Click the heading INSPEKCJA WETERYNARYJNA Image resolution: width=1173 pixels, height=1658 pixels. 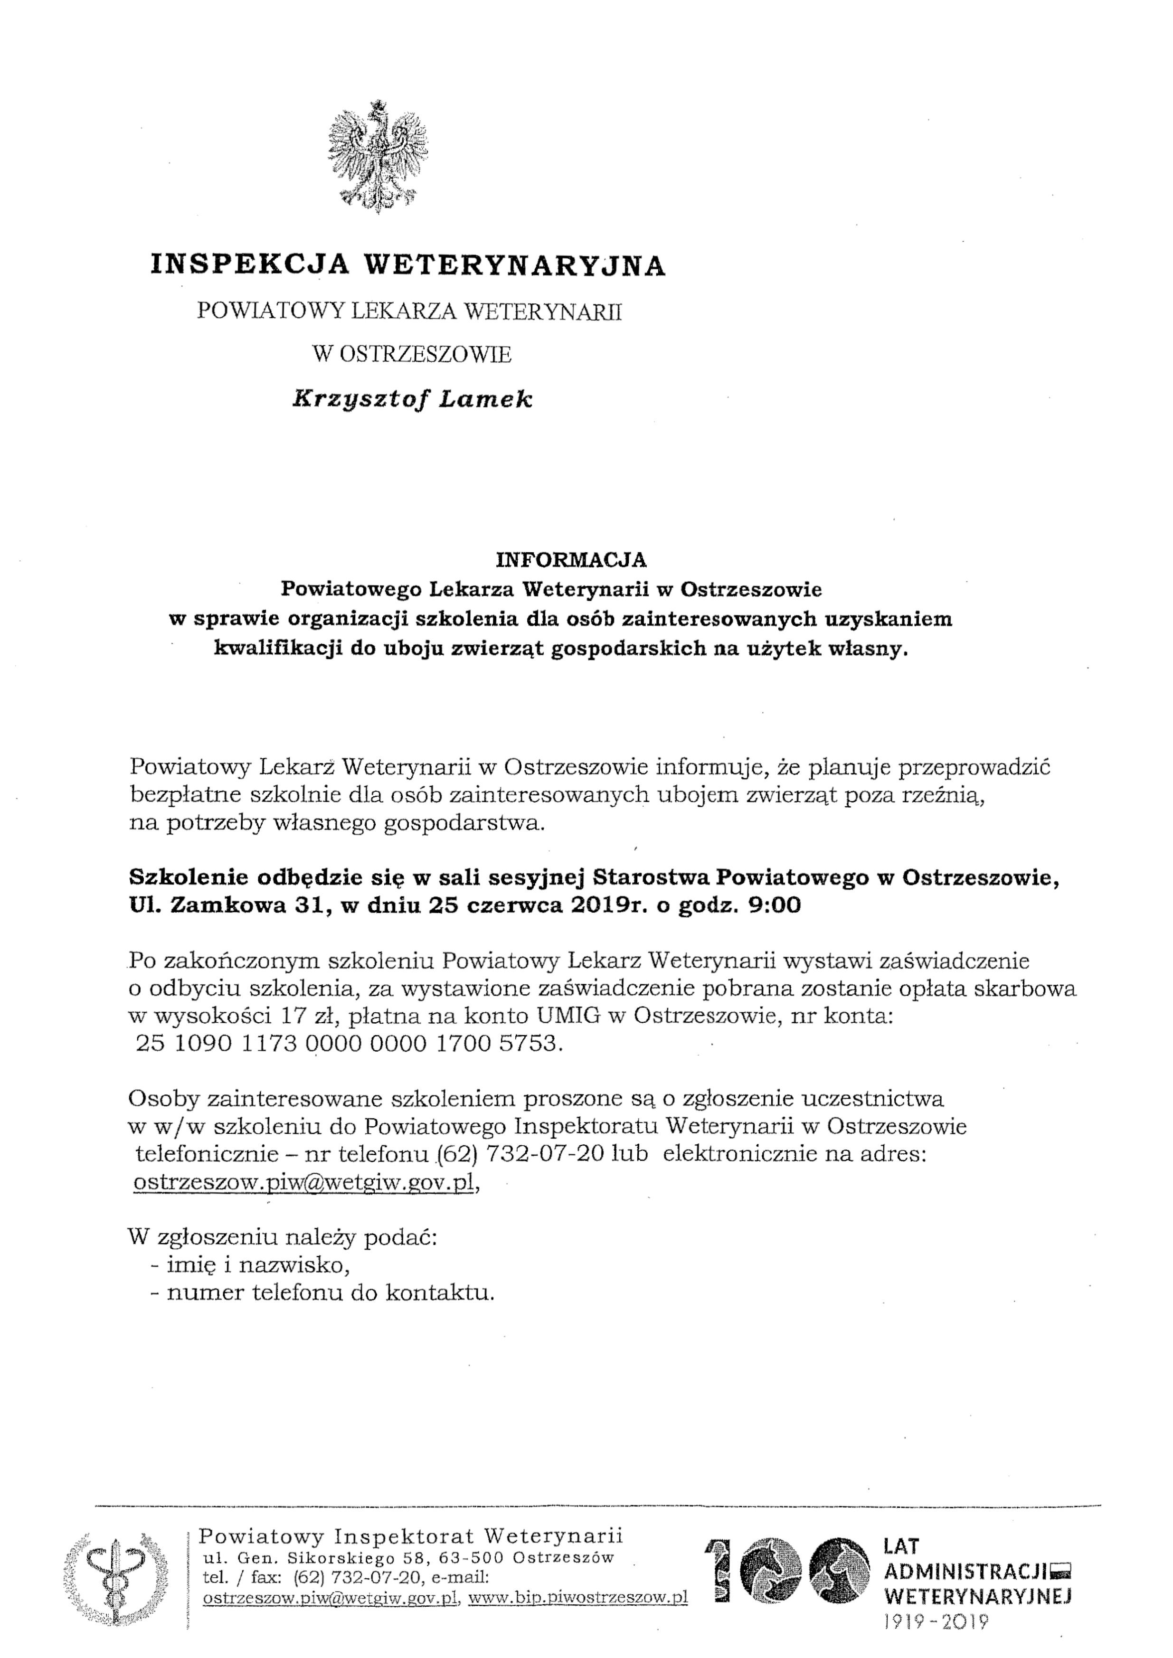point(408,265)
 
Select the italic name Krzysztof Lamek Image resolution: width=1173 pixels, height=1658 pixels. point(412,399)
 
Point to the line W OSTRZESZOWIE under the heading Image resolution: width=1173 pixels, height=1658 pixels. point(412,354)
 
